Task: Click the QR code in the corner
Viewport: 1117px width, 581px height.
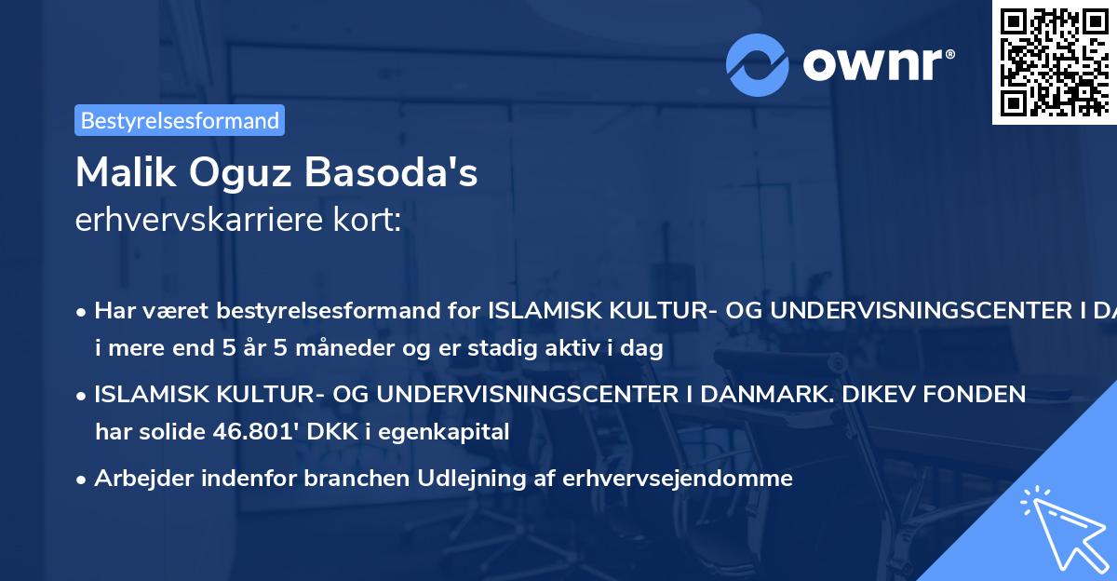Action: [1055, 61]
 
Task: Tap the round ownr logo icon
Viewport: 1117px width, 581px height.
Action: [759, 64]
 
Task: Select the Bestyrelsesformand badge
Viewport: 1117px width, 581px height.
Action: [180, 120]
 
